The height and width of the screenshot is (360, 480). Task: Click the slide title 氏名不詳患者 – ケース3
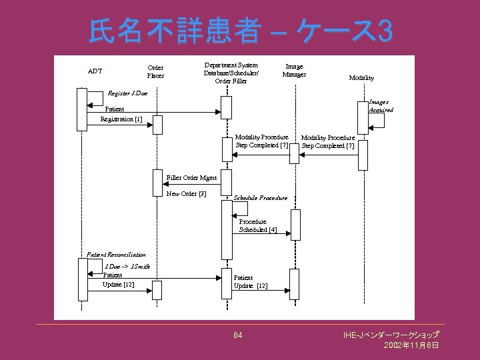coord(240,30)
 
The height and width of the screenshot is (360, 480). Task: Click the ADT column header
coord(95,71)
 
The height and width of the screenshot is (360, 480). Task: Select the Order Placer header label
coord(155,71)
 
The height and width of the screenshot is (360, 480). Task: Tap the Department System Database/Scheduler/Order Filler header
coord(231,73)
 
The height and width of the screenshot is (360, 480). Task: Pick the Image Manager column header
coord(294,70)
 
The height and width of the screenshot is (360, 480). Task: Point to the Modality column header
coord(361,78)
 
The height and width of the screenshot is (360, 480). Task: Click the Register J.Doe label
coord(127,93)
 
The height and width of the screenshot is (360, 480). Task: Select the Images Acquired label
coord(381,105)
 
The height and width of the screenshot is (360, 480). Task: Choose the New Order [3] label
coord(186,194)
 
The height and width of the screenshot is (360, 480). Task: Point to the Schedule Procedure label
coord(260,198)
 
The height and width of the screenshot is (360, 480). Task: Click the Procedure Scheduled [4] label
coord(257,225)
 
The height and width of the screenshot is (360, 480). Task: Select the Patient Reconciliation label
coord(116,254)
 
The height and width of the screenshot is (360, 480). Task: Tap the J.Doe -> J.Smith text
coord(127,266)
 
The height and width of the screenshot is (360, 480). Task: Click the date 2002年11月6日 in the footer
coord(411,345)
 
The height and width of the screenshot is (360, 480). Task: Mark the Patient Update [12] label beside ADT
coord(118,280)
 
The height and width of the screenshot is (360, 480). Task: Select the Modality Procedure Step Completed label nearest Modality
coord(328,141)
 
